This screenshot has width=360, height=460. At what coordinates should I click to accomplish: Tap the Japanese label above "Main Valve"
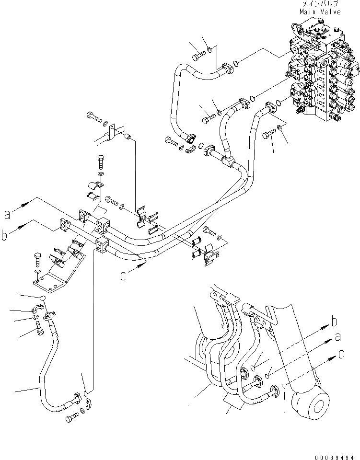[320, 4]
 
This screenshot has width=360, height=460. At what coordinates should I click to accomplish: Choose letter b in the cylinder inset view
[336, 321]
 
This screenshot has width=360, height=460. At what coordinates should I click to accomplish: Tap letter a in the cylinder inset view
[338, 337]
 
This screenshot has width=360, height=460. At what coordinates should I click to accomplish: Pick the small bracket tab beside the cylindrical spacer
[111, 132]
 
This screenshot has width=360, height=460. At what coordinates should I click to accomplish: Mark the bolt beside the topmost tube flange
[197, 57]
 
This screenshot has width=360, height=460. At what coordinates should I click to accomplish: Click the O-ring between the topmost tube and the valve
[235, 63]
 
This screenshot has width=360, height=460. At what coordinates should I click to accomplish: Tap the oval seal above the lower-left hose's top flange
[43, 299]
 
